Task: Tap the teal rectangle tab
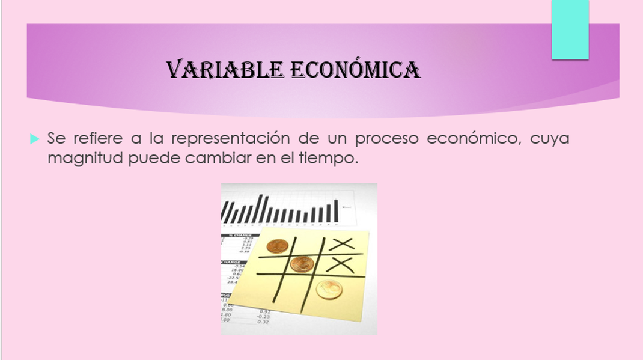pos(570,29)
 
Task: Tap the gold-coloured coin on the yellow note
pos(328,290)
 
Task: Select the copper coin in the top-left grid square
pos(278,246)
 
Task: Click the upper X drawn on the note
pos(343,243)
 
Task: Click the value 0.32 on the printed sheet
pos(263,322)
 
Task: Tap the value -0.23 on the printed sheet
pos(263,316)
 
